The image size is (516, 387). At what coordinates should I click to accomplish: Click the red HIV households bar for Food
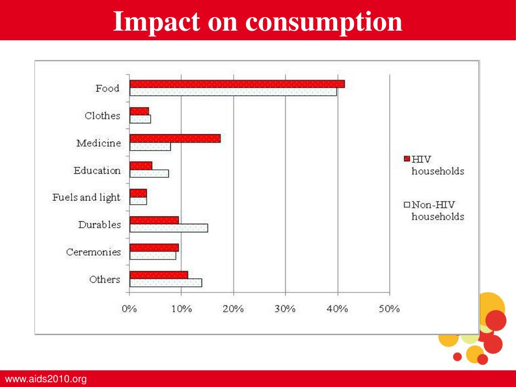pos(237,84)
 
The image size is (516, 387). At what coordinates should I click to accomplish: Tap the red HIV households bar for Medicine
pos(175,139)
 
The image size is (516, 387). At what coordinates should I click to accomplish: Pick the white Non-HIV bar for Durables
pos(168,228)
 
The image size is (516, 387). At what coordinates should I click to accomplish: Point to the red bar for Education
pos(141,166)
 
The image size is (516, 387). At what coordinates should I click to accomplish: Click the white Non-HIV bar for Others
pos(165,283)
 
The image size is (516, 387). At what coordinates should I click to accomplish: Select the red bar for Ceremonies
pos(154,247)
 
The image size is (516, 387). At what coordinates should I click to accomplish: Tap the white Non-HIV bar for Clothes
pos(140,119)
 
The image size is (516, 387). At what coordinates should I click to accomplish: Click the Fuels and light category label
pos(87,197)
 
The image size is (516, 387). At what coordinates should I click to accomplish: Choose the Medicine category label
pos(99,143)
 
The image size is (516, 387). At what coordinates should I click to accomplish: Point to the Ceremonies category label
pos(94,252)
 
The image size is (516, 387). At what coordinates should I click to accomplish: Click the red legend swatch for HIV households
pos(407,159)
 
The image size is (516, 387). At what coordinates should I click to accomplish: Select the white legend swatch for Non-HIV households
pos(407,205)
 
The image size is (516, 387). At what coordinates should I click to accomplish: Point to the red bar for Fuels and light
pos(138,193)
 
